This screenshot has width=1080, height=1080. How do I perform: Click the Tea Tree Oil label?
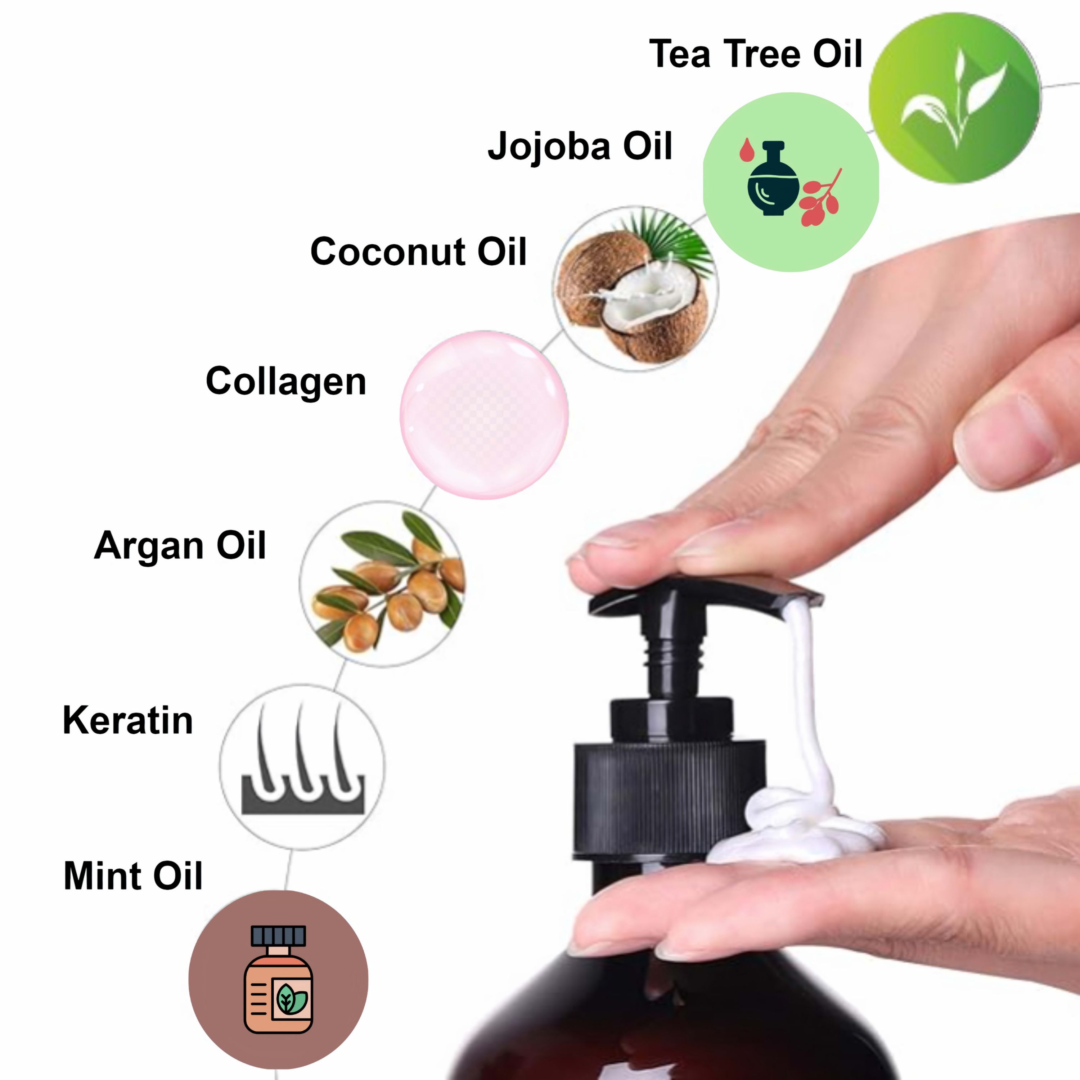(756, 54)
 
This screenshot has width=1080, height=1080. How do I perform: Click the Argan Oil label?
(180, 545)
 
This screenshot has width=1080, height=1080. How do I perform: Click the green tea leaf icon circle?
(955, 98)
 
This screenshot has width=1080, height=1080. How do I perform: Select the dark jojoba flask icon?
(773, 179)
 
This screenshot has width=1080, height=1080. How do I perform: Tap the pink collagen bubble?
(484, 414)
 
